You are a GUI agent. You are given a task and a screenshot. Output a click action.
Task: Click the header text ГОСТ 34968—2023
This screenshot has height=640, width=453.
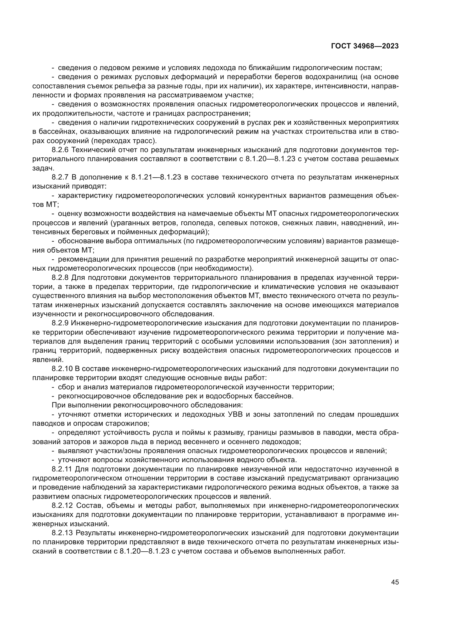[365, 46]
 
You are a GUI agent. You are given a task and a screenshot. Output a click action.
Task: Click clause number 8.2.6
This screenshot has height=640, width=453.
[60, 150]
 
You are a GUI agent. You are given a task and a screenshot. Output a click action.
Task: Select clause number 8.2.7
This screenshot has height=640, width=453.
[60, 177]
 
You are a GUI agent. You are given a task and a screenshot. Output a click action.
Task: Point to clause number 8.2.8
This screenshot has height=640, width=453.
[60, 278]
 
